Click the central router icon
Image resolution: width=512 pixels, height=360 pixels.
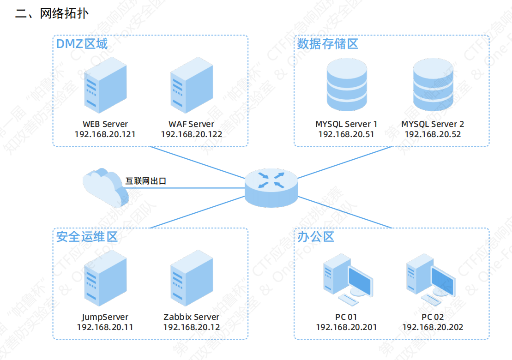(x=271, y=187)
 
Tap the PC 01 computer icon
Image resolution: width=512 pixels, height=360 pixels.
(x=347, y=282)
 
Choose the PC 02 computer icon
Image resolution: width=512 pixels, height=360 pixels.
(x=431, y=282)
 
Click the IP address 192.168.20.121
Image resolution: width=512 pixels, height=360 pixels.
(x=105, y=134)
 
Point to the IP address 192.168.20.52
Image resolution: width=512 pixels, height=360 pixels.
(x=433, y=134)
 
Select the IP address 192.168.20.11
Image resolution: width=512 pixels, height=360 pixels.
(x=105, y=327)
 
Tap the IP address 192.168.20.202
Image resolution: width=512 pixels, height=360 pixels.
(x=433, y=327)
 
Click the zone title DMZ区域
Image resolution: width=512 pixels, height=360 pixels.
(x=82, y=44)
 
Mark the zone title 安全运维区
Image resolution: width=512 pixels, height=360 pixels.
(x=87, y=237)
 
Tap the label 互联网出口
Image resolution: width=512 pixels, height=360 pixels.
(x=146, y=181)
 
